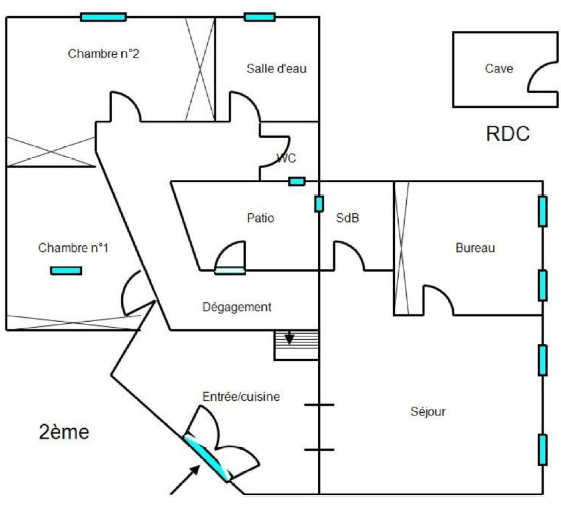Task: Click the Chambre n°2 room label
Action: click(103, 54)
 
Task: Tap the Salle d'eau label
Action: click(276, 68)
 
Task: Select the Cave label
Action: click(499, 68)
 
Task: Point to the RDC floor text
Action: click(508, 134)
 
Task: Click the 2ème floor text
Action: click(64, 432)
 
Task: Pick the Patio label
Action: click(260, 218)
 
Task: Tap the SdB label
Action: click(347, 218)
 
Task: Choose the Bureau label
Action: click(475, 248)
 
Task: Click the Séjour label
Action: click(428, 411)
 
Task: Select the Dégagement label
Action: click(237, 307)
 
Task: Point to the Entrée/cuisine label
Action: click(241, 397)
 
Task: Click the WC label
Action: click(286, 158)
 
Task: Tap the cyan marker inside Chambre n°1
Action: click(66, 270)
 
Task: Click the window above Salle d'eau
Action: click(259, 17)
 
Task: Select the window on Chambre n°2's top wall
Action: click(103, 17)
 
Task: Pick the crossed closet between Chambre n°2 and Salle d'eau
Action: click(200, 69)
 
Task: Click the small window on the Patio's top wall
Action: click(297, 181)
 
